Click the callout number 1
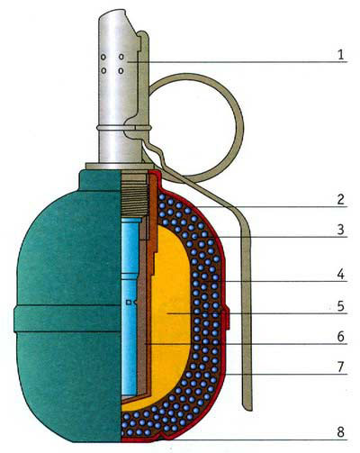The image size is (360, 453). [x=340, y=55]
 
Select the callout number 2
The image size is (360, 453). [x=340, y=199]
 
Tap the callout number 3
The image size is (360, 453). [x=340, y=230]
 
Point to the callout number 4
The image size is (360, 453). [x=340, y=274]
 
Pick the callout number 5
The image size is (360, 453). [x=340, y=306]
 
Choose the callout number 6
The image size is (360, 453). [x=340, y=337]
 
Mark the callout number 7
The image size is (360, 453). [x=340, y=367]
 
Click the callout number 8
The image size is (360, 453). [x=340, y=432]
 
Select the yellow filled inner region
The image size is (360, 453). [x=168, y=315]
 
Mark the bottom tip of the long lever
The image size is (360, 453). [x=248, y=408]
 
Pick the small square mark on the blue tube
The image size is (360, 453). [x=129, y=303]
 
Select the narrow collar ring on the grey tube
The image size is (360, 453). [x=123, y=128]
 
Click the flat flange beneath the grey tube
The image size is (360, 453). [x=120, y=166]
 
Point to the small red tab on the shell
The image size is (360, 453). [x=228, y=318]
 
